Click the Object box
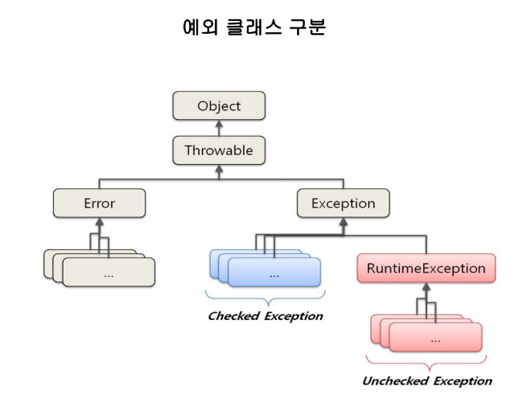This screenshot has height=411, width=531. pyautogui.click(x=219, y=106)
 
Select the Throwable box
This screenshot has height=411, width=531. pyautogui.click(x=219, y=150)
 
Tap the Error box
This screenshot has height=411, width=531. pyautogui.click(x=99, y=203)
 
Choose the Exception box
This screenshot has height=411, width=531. pyautogui.click(x=343, y=203)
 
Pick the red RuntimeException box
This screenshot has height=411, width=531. pyautogui.click(x=426, y=268)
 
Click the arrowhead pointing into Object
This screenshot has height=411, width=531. pyautogui.click(x=219, y=124)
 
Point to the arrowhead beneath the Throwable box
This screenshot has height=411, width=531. pyautogui.click(x=219, y=169)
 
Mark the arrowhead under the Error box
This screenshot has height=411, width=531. pyautogui.click(x=99, y=222)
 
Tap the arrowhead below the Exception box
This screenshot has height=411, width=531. pyautogui.click(x=344, y=222)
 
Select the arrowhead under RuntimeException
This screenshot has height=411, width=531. pyautogui.click(x=427, y=287)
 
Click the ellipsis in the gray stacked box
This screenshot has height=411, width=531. pyautogui.click(x=109, y=276)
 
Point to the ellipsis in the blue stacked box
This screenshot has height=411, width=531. pyautogui.click(x=274, y=276)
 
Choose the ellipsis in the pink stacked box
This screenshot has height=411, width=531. pyautogui.click(x=436, y=341)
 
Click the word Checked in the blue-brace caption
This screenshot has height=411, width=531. pyautogui.click(x=234, y=316)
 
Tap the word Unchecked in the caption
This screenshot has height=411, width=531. pyautogui.click(x=395, y=381)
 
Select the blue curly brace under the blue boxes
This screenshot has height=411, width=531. pyautogui.click(x=265, y=298)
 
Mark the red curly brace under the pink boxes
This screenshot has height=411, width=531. pyautogui.click(x=426, y=363)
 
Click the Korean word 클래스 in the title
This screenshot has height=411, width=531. pyautogui.click(x=254, y=27)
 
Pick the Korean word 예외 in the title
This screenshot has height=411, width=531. pyautogui.click(x=200, y=27)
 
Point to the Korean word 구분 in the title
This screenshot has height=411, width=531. pyautogui.click(x=308, y=27)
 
